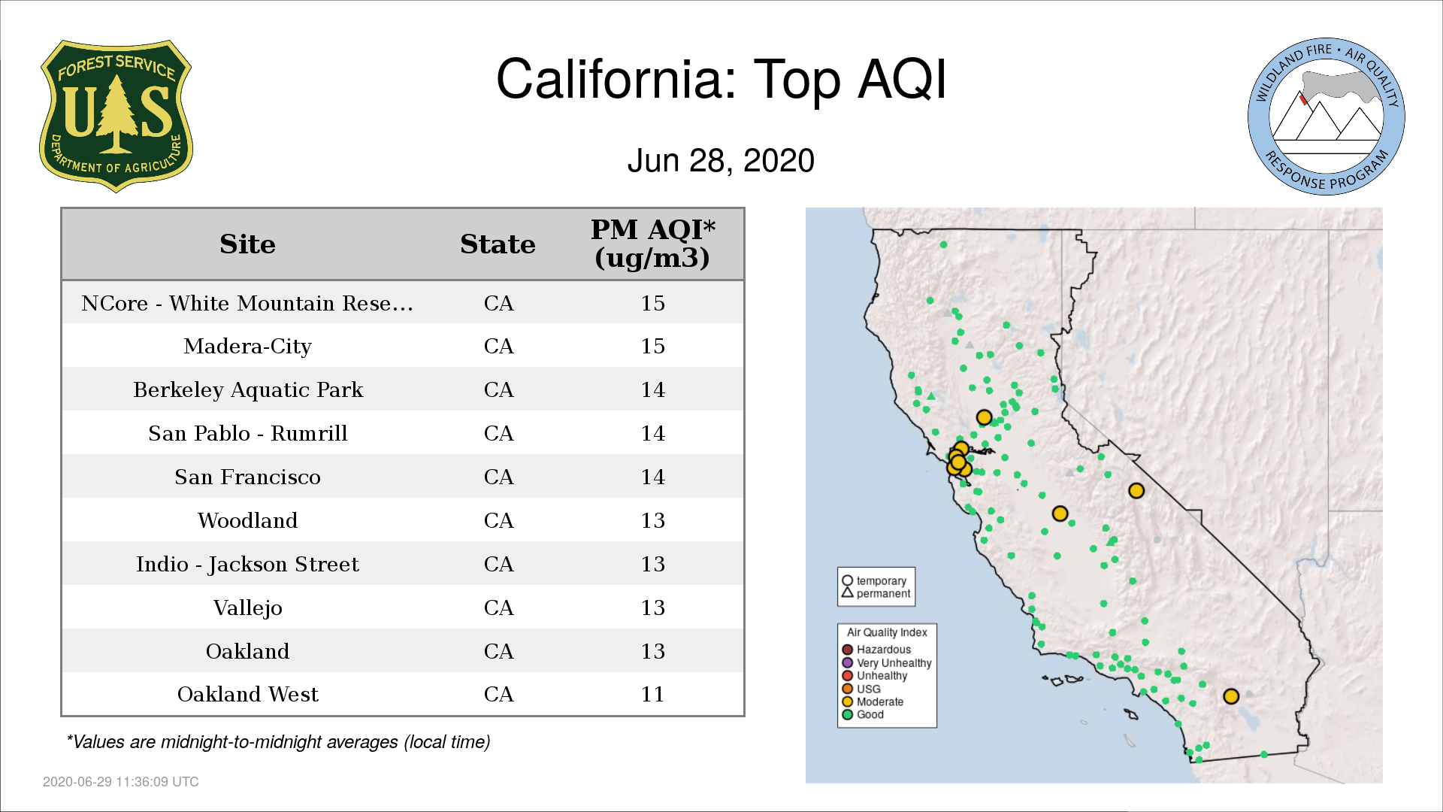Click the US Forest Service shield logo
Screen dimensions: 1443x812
[116, 116]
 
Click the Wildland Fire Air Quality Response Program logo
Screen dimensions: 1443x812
[1327, 117]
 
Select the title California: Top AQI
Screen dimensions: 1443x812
[721, 79]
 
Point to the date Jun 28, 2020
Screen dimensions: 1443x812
[721, 161]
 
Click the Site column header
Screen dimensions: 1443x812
[247, 244]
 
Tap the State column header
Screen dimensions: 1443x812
[498, 244]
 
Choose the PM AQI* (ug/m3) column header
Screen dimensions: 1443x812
[652, 244]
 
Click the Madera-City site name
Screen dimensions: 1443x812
[247, 347]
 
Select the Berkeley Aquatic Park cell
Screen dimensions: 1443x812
[248, 390]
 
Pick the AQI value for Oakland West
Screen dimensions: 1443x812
[652, 694]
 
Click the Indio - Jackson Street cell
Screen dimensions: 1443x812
[247, 565]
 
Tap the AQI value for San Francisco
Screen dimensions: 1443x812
[652, 477]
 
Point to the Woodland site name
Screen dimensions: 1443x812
[247, 520]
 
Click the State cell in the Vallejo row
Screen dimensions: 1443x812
[498, 607]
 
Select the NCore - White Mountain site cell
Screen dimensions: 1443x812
[247, 303]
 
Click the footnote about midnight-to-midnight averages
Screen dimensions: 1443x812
[278, 742]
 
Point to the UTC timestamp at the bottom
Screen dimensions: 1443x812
[121, 782]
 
